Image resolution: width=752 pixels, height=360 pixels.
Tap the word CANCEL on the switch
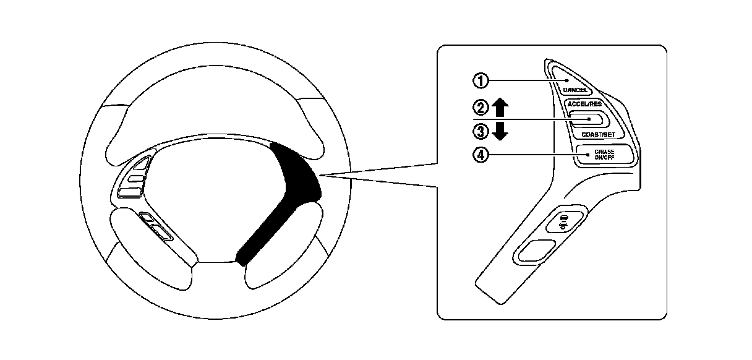[x=575, y=90]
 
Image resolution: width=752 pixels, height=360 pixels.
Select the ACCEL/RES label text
[x=584, y=104]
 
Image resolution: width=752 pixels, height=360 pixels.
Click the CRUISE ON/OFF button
[x=604, y=154]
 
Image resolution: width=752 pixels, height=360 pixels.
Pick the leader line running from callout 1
[x=526, y=80]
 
